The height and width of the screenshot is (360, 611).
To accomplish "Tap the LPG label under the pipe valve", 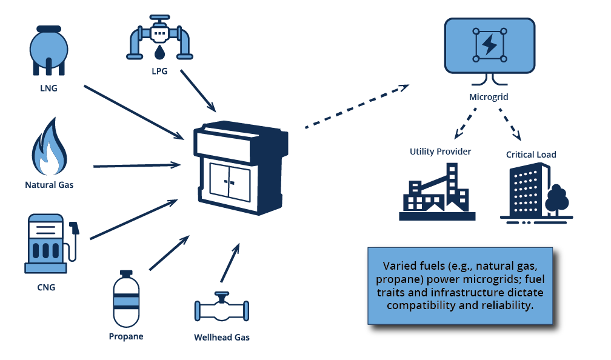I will [x=159, y=70].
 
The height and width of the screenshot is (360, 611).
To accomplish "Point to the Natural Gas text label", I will [x=49, y=184].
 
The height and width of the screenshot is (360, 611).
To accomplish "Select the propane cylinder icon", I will [x=126, y=299].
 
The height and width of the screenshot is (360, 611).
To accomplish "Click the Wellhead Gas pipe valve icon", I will [x=221, y=310].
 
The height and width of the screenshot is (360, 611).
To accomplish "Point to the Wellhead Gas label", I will [x=221, y=337].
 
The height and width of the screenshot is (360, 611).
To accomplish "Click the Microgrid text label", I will [x=489, y=97].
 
